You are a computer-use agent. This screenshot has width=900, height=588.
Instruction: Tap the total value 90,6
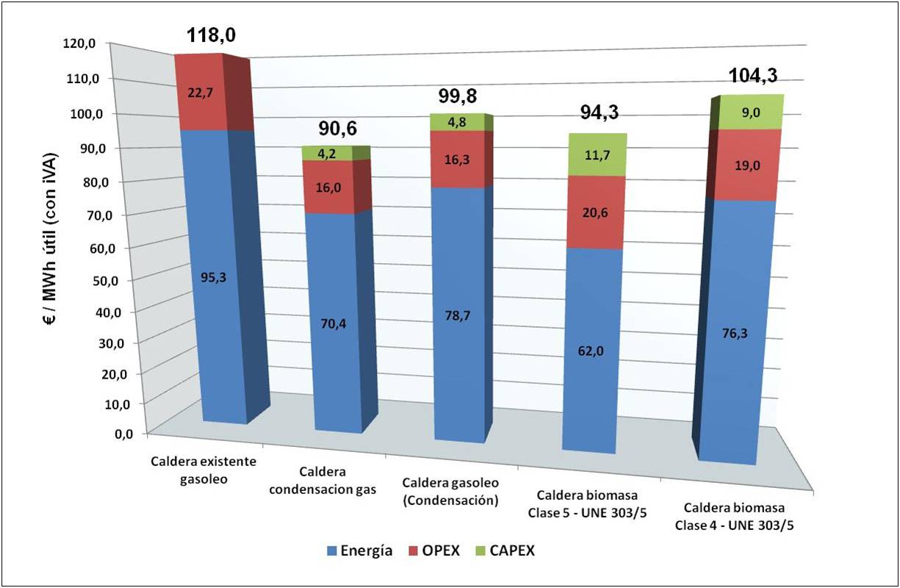click(338, 129)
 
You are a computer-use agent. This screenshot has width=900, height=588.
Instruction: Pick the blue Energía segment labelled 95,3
click(203, 278)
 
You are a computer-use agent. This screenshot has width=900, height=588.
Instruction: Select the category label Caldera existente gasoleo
click(204, 470)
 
